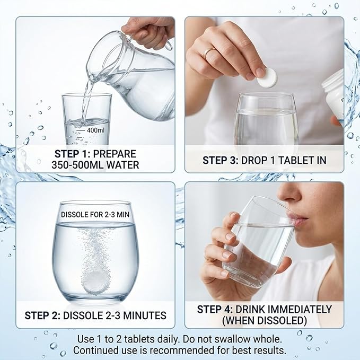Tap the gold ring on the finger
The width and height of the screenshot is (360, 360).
tap(209, 52)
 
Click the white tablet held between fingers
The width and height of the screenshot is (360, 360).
tap(267, 78)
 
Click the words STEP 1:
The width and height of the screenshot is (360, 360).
tap(72, 154)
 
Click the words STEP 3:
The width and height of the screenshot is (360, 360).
tap(221, 160)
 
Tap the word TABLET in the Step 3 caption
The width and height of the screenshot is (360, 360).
tap(295, 160)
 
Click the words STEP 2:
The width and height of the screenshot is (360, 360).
tap(42, 315)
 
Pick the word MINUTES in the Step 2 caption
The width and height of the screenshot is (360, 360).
tap(145, 315)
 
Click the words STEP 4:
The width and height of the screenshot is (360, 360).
tap(215, 309)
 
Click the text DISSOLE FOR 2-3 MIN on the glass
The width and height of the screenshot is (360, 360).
tap(95, 215)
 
